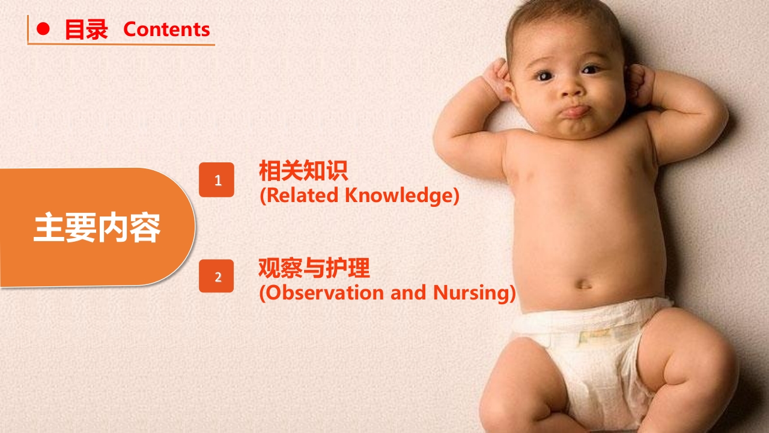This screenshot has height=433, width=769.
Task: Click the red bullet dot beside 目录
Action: click(x=43, y=29)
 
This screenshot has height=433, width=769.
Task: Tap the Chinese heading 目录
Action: click(x=87, y=29)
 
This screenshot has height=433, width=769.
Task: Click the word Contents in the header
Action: click(x=166, y=29)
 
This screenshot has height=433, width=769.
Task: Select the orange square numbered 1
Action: click(x=217, y=180)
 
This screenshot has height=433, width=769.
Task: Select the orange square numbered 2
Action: click(x=216, y=276)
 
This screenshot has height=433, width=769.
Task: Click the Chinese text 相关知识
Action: click(x=303, y=170)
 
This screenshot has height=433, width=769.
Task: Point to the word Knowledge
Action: click(x=400, y=195)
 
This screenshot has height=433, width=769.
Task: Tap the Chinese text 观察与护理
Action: click(x=314, y=268)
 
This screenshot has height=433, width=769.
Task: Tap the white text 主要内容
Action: click(x=97, y=227)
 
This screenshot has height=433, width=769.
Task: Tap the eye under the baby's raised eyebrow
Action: click(x=590, y=70)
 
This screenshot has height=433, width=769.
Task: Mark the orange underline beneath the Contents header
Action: click(x=121, y=44)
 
